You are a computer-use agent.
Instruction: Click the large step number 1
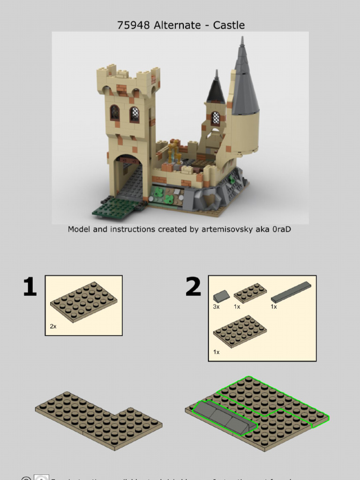[x=30, y=287]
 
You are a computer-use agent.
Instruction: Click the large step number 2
[x=193, y=287]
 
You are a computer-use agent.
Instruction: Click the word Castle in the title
[x=229, y=25]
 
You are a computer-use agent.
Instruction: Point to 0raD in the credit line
[x=281, y=229]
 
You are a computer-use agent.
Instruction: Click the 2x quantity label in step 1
[x=53, y=326]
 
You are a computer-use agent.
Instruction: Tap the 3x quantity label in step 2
[x=217, y=307]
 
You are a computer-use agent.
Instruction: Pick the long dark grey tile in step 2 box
[x=291, y=292]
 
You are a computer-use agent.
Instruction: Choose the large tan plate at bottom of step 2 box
[x=240, y=331]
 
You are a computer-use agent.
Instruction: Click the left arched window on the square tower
[x=114, y=113]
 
